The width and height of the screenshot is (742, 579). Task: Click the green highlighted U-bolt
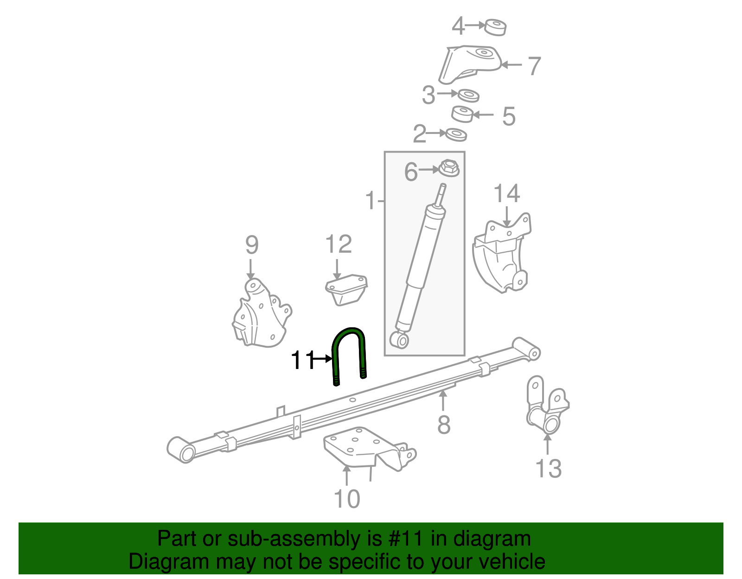click(349, 330)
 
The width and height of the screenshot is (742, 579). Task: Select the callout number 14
click(506, 194)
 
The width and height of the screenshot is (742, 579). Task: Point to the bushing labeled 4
click(495, 27)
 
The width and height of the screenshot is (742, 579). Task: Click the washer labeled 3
click(468, 95)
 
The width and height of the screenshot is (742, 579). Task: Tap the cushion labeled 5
click(462, 114)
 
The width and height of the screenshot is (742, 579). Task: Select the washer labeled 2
click(456, 135)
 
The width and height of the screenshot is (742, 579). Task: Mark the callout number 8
click(444, 425)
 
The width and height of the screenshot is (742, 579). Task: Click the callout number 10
click(346, 499)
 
